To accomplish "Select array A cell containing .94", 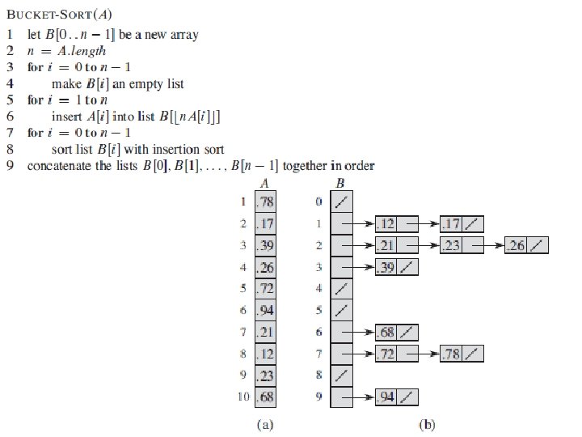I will [x=265, y=309].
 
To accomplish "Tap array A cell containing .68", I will [x=265, y=397].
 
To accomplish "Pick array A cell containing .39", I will [x=265, y=244].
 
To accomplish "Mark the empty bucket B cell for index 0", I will [x=341, y=202].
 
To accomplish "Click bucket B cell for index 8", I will [x=341, y=375].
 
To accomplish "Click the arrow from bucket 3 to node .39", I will [x=361, y=267].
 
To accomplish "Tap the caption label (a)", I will [x=264, y=423].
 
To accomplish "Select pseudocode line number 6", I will [x=10, y=117].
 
